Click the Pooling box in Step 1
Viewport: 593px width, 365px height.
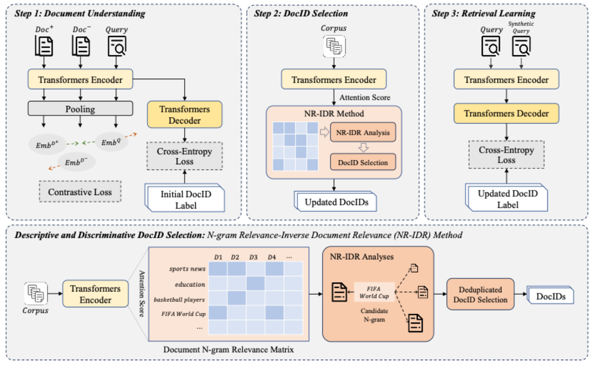pos(80,109)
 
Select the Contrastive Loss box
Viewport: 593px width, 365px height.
pos(80,192)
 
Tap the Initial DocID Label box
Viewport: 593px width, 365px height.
pos(186,199)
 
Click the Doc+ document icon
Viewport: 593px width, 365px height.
pos(44,46)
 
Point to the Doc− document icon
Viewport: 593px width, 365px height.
pos(81,46)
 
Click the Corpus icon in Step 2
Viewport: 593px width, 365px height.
pos(334,46)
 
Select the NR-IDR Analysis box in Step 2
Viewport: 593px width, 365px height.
pos(363,132)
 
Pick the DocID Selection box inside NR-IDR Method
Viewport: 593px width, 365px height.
pos(363,162)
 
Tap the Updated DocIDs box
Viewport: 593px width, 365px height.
pos(336,202)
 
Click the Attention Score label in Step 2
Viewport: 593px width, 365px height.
pos(365,97)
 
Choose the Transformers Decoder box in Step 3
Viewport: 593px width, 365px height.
pos(506,113)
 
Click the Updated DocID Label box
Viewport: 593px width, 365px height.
pos(507,199)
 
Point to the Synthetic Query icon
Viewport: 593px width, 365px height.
pos(521,46)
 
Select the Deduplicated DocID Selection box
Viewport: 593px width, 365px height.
pos(480,295)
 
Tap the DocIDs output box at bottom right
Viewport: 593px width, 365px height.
pos(551,296)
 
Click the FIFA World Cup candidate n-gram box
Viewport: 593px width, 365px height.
pos(374,292)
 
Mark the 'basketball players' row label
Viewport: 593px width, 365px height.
pos(179,300)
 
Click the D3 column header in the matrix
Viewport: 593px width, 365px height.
pos(253,257)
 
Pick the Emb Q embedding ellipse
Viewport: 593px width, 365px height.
pos(111,143)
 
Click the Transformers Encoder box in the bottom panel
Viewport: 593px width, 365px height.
pos(95,294)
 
